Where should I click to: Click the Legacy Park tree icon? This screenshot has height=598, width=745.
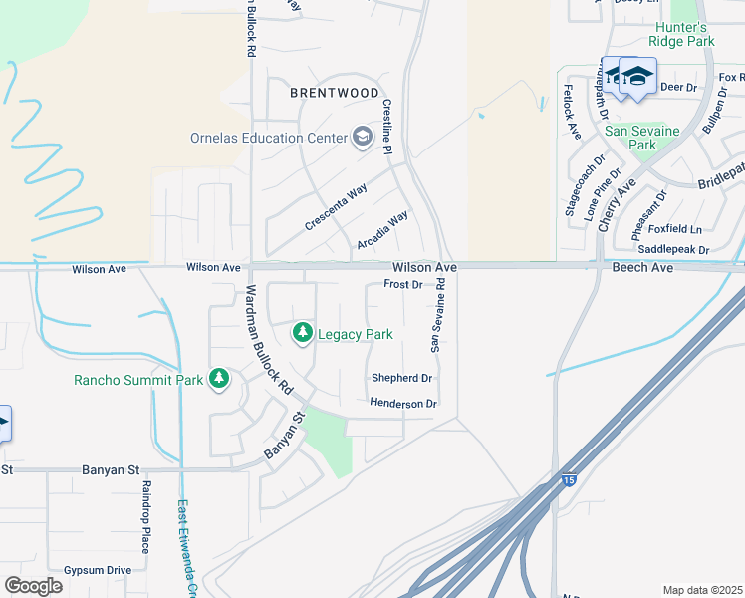click(x=302, y=333)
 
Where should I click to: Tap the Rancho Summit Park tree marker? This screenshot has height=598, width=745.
click(x=219, y=379)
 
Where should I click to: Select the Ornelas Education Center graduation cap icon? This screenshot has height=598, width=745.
click(x=363, y=138)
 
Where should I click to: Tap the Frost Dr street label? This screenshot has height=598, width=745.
click(x=403, y=285)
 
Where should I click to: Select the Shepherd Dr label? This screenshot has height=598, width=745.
click(x=401, y=379)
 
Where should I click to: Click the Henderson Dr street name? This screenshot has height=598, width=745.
click(x=403, y=404)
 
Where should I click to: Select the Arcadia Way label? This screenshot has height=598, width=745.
click(x=382, y=231)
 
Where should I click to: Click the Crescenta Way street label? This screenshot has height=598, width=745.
click(x=336, y=208)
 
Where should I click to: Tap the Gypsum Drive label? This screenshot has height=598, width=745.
click(x=98, y=570)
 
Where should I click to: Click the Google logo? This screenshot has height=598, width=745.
click(x=33, y=586)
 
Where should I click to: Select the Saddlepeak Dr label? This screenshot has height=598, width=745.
click(x=672, y=249)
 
